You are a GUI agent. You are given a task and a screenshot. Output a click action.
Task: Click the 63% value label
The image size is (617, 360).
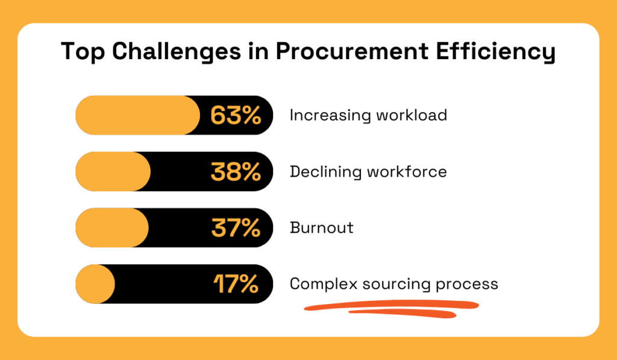(x=236, y=116)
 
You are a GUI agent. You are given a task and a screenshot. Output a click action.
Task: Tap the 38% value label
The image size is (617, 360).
(x=236, y=172)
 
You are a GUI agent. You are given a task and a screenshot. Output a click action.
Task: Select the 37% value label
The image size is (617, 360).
(x=236, y=228)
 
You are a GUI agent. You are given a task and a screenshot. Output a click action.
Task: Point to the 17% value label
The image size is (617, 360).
(x=236, y=284)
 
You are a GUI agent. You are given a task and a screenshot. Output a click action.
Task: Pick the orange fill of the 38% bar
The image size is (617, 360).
(x=113, y=172)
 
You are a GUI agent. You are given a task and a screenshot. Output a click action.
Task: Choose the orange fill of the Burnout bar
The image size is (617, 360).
(x=112, y=228)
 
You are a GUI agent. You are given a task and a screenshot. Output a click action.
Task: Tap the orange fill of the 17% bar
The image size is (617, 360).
(x=95, y=284)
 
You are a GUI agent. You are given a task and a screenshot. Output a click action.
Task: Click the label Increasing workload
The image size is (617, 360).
(x=368, y=115)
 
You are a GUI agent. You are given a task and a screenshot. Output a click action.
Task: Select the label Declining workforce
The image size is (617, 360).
(x=368, y=172)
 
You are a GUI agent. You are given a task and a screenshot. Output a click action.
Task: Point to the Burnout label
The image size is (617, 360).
(x=321, y=228)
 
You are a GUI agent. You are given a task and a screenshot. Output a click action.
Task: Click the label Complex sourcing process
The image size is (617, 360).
(x=393, y=284)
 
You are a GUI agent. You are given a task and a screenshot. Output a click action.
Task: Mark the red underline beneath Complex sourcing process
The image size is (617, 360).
(x=392, y=308)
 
